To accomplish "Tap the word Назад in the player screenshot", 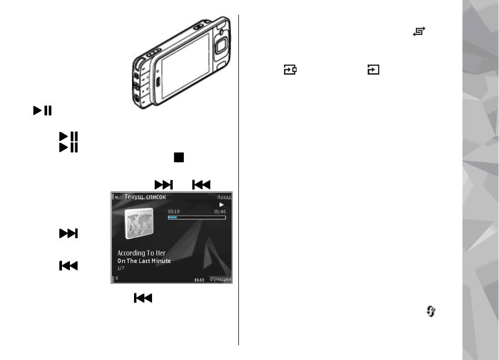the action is (224, 197).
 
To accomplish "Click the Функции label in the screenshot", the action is (220, 280).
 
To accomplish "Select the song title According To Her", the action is (142, 253).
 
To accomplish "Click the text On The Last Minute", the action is (144, 261).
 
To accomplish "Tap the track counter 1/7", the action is (121, 268).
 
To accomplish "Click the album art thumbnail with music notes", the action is (138, 222).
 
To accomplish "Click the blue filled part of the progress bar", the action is (172, 217).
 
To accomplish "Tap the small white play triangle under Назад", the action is (222, 204).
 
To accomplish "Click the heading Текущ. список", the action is (145, 197).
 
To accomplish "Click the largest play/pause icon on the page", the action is (42, 111).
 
